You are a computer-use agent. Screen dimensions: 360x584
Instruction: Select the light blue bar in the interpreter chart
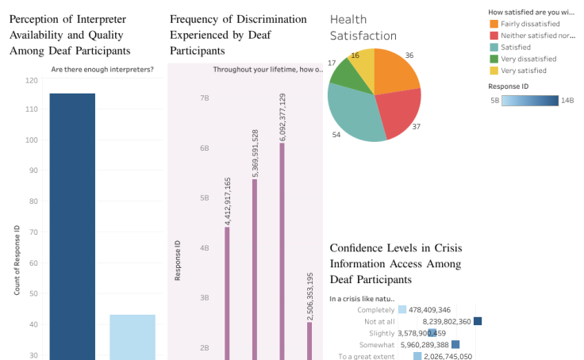coord(133,337)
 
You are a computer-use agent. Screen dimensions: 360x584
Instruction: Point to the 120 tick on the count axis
coord(32,80)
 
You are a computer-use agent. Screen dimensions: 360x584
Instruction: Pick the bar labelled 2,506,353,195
coord(309,340)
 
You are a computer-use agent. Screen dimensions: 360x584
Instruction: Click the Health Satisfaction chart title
coord(363,27)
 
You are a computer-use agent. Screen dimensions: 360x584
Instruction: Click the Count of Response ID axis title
coord(17,260)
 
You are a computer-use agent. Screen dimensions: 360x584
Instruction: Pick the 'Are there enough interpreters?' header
coord(102,69)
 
